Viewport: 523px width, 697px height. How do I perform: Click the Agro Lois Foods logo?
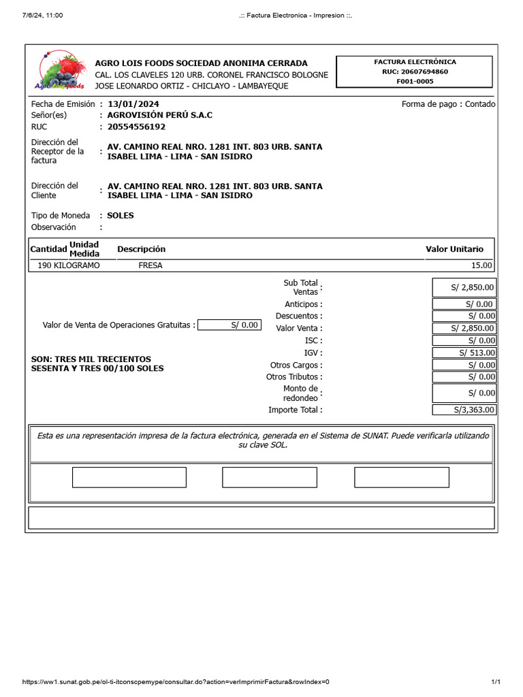pyautogui.click(x=60, y=71)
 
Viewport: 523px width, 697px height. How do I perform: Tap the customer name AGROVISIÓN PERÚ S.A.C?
pyautogui.click(x=159, y=115)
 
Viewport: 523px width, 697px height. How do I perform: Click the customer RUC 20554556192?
pyautogui.click(x=136, y=127)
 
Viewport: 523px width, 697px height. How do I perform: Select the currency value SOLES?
pyautogui.click(x=121, y=215)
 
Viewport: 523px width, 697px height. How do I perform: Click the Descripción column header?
pyautogui.click(x=141, y=249)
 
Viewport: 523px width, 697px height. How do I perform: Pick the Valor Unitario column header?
pyautogui.click(x=454, y=249)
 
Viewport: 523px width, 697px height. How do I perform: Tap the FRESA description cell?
pyautogui.click(x=150, y=265)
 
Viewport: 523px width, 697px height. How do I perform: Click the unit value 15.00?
pyautogui.click(x=481, y=265)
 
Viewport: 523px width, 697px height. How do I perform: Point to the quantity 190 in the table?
pyautogui.click(x=45, y=265)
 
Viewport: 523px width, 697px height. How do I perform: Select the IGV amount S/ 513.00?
pyautogui.click(x=464, y=353)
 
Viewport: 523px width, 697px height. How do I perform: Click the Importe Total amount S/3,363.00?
pyautogui.click(x=464, y=410)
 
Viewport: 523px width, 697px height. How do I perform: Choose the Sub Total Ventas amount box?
pyautogui.click(x=464, y=287)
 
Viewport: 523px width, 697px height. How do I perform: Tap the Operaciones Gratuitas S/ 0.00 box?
pyautogui.click(x=229, y=325)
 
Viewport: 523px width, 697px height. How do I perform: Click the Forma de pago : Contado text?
pyautogui.click(x=448, y=104)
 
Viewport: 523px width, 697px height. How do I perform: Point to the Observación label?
pyautogui.click(x=54, y=227)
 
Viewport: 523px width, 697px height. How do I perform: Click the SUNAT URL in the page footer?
pyautogui.click(x=176, y=682)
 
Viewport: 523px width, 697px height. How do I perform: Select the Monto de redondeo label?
pyautogui.click(x=300, y=393)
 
